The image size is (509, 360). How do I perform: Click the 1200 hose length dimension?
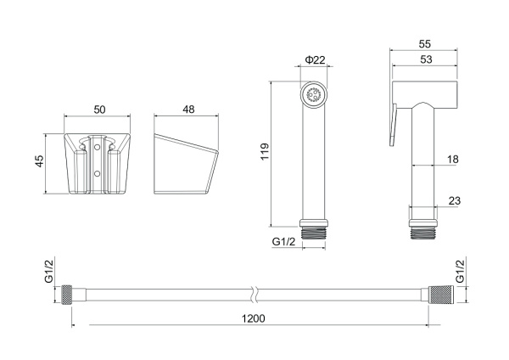(x=253, y=318)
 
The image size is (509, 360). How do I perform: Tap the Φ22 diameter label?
(x=315, y=59)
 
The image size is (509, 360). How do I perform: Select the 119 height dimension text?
(x=265, y=151)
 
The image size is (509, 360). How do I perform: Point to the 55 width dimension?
(x=425, y=44)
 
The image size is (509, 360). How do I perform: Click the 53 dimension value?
(x=426, y=59)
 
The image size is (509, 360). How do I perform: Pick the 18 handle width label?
(x=452, y=160)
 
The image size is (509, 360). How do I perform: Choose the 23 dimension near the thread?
(x=454, y=200)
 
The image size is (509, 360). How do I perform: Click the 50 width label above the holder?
(x=99, y=110)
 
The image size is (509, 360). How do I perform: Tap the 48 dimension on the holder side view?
(x=188, y=110)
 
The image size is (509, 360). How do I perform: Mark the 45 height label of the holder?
(x=39, y=161)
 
